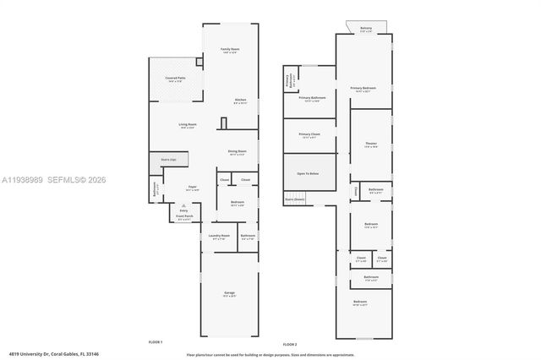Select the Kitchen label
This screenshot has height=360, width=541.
point(240,101)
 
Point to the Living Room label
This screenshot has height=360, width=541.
point(187,125)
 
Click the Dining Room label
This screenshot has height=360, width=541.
point(237,152)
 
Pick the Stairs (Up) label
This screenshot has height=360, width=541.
point(168,159)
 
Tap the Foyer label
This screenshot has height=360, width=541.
point(193,188)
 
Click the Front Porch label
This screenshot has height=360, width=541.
point(184,216)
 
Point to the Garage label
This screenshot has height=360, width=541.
point(229,296)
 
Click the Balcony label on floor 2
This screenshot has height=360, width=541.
point(365,29)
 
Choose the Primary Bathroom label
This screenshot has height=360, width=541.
point(312,98)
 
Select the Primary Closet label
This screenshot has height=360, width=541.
point(309,134)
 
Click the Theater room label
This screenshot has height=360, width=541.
point(371,145)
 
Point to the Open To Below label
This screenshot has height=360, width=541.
point(308,172)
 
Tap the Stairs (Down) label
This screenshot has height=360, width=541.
point(294,199)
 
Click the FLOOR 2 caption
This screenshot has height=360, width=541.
point(290,345)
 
